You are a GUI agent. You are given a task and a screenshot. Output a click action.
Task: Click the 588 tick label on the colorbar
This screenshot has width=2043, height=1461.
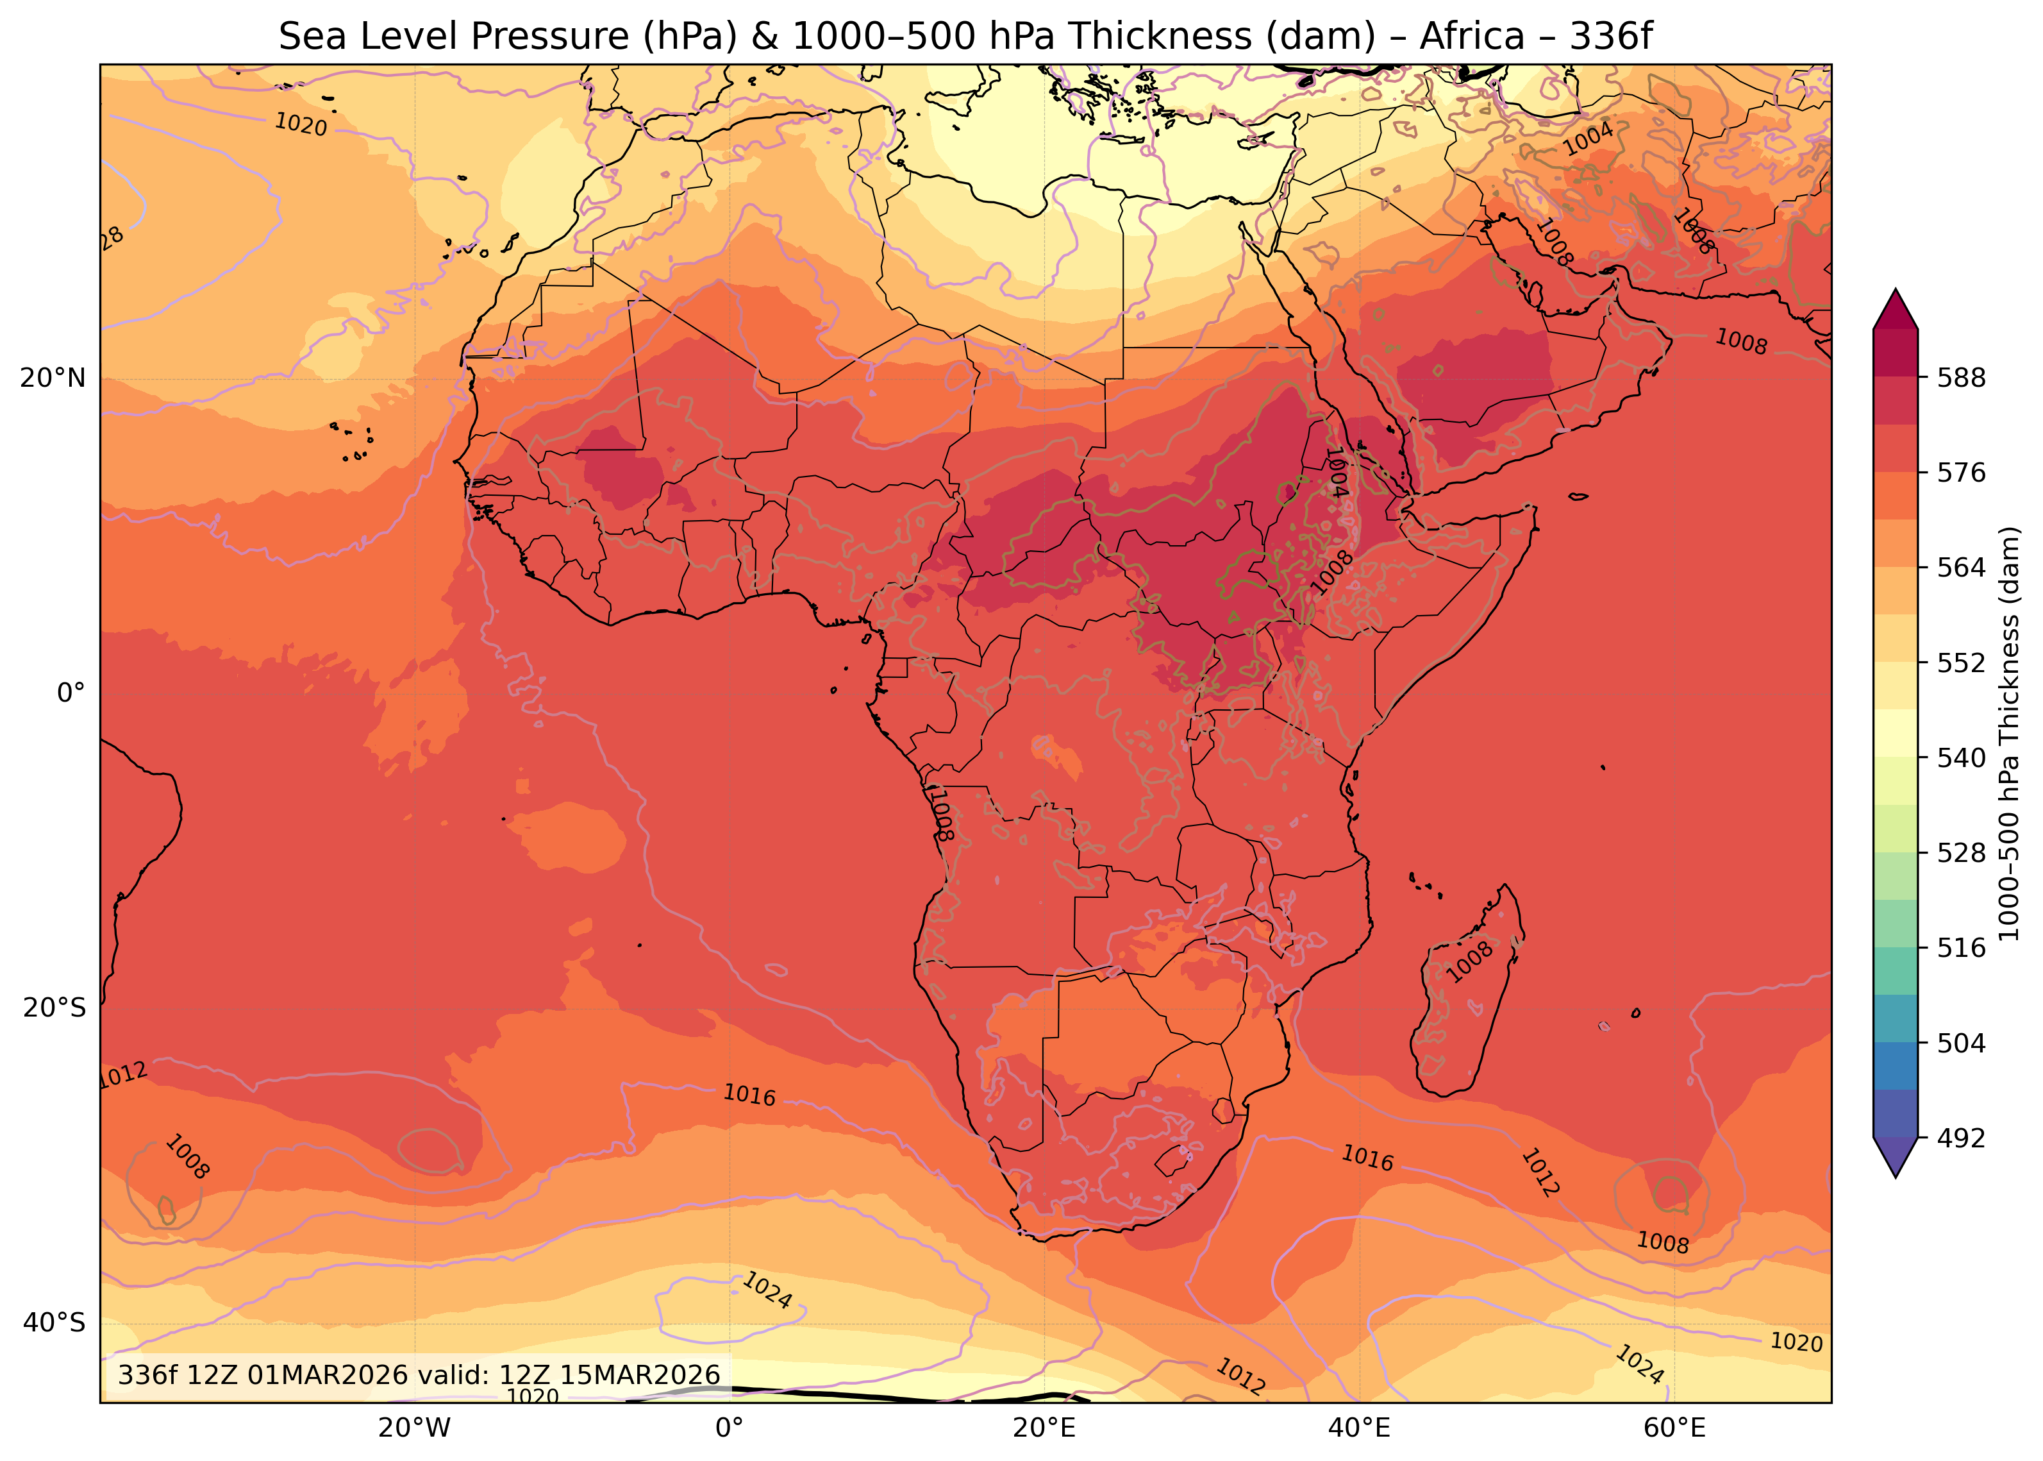(1961, 378)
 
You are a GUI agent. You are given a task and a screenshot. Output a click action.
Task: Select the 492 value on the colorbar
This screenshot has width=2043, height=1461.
(1961, 1139)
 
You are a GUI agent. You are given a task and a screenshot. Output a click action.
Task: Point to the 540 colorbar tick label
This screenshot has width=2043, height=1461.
(1961, 758)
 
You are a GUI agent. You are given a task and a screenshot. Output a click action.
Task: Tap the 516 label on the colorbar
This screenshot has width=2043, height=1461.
(1961, 948)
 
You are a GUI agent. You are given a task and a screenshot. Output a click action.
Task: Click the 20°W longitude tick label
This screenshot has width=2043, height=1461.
(413, 1429)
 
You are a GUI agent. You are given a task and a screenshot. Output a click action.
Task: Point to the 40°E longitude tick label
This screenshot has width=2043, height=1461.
(1359, 1429)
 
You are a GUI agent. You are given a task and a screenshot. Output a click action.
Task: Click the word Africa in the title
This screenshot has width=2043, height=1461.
(1472, 36)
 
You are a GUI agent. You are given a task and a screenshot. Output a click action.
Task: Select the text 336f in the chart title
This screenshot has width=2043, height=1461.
(1612, 36)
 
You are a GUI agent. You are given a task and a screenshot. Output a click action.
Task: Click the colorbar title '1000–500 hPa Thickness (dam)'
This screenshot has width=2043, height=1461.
(2009, 733)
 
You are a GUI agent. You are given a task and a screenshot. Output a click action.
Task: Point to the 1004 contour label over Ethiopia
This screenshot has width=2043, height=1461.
(1336, 472)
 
